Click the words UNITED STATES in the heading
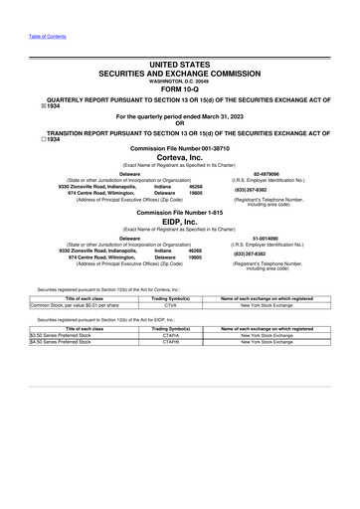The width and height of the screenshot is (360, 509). coord(179,63)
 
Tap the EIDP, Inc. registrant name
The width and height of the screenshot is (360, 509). coord(179,224)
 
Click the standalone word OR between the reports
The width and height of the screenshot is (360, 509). coord(179,123)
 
